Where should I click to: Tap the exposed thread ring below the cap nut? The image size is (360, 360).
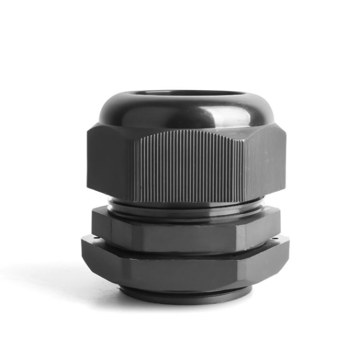pyautogui.click(x=189, y=209)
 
